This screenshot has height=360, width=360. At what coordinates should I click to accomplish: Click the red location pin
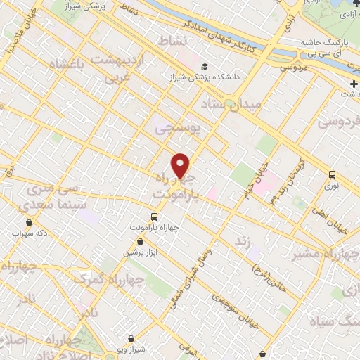coord(181,165)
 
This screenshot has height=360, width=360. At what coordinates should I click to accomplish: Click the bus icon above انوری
coord(332,175)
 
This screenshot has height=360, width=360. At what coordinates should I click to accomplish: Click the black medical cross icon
coord(353,84)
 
